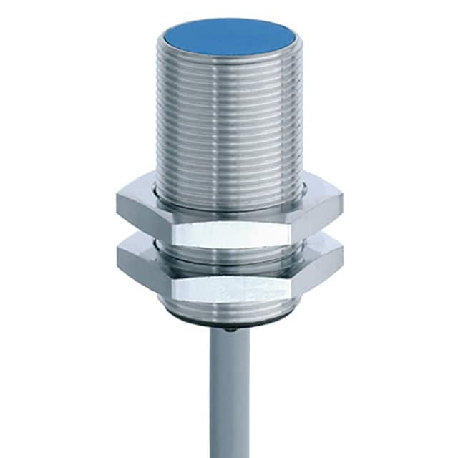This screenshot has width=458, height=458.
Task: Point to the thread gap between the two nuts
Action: click(229, 247)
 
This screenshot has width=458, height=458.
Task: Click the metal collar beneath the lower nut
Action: click(229, 313)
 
